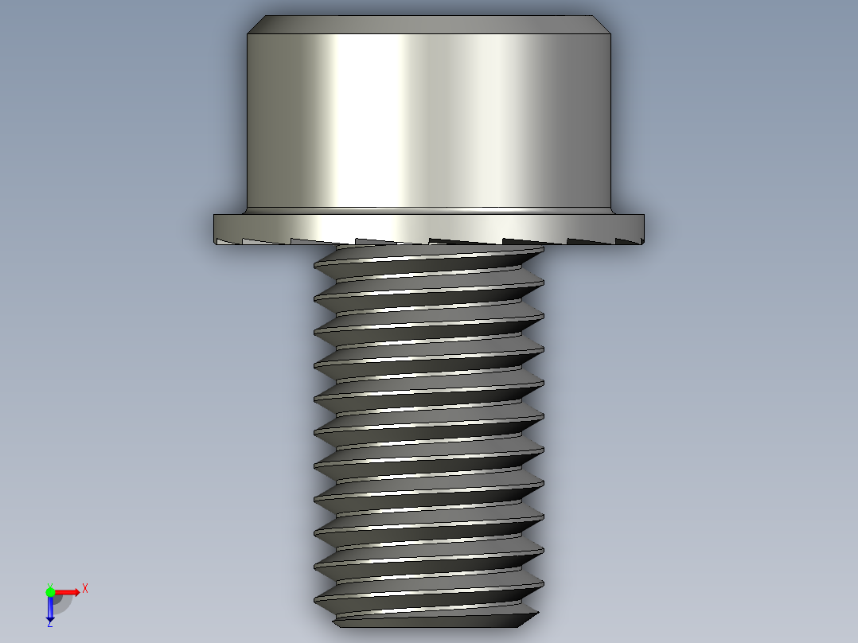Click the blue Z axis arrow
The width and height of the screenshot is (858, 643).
tap(50, 609)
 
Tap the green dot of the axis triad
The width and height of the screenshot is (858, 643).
tap(50, 591)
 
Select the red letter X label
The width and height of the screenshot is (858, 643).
tap(84, 588)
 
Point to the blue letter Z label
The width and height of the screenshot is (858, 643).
tap(49, 625)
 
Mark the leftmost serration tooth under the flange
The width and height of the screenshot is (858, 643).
tap(227, 241)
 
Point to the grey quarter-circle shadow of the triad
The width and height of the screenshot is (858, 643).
tap(62, 602)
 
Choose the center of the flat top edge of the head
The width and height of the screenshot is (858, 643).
tap(430, 17)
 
